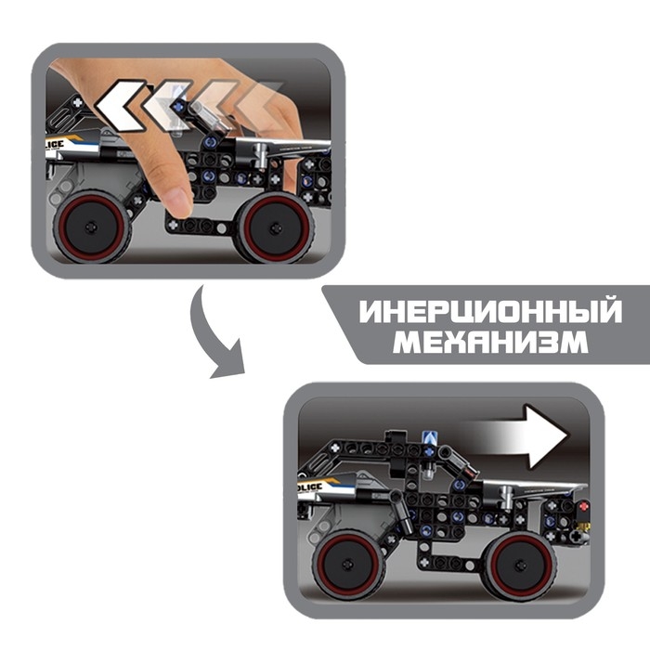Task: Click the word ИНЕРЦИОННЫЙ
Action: (x=490, y=311)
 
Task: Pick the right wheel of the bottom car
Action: (x=516, y=565)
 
